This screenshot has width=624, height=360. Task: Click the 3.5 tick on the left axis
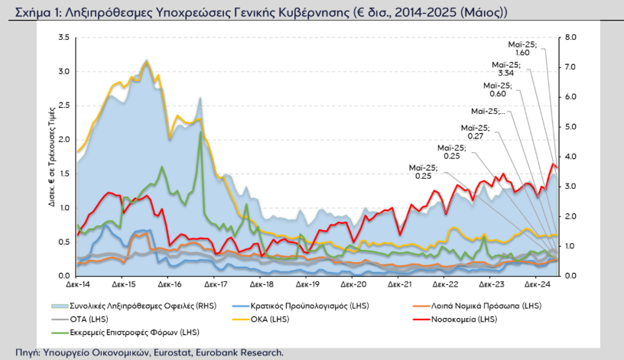click(63, 37)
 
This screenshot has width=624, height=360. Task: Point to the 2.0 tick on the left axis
click(63, 140)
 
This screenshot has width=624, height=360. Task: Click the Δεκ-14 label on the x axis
click(78, 284)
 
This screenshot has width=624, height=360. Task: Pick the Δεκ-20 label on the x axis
click(352, 284)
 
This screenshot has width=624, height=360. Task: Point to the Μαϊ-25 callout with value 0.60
click(498, 89)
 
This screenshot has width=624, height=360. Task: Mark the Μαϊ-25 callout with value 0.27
click(475, 131)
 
